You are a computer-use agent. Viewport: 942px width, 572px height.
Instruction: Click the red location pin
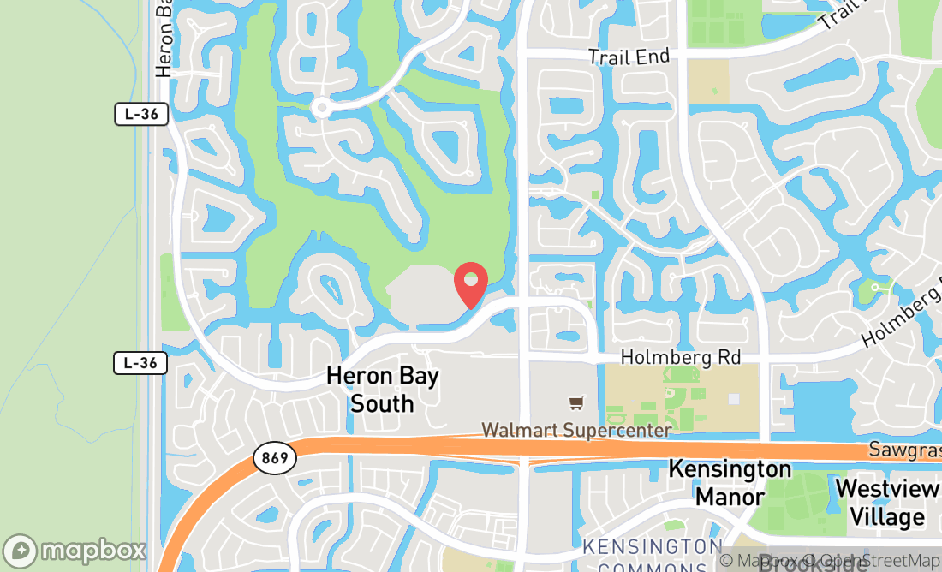(470, 285)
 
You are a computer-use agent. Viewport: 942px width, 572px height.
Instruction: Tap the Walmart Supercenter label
(576, 430)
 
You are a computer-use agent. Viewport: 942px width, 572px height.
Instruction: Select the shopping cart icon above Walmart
(577, 402)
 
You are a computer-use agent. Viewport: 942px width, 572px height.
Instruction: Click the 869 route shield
(274, 458)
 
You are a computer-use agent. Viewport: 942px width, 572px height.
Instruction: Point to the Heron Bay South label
(382, 389)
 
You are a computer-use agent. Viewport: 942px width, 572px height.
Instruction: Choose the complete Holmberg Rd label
(680, 357)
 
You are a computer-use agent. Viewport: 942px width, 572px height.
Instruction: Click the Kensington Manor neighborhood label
(730, 482)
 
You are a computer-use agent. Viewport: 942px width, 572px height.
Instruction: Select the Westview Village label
(886, 503)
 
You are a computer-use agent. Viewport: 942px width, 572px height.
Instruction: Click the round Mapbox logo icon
(21, 551)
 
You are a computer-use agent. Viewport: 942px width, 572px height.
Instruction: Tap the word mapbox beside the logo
(92, 551)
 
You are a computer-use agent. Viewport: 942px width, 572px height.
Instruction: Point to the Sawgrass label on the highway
(904, 450)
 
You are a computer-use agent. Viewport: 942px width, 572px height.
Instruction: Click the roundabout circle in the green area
(321, 108)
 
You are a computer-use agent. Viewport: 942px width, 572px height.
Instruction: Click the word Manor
(730, 497)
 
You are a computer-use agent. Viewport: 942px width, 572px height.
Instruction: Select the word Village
(887, 517)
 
